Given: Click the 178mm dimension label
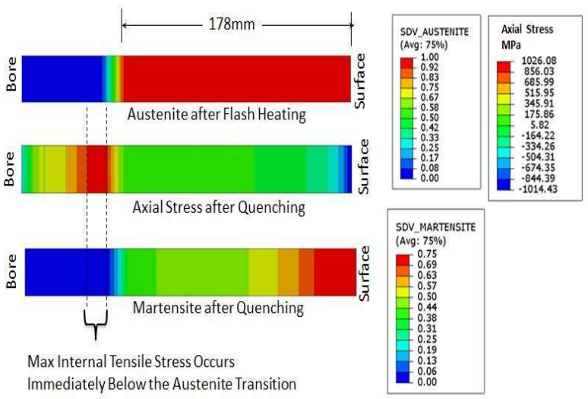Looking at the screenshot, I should coord(236,24).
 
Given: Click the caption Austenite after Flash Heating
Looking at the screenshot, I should coord(217,116).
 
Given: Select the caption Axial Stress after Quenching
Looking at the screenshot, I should coord(218,206).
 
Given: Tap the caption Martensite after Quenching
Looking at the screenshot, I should coord(218,309).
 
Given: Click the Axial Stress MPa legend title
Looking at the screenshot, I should coord(527,36).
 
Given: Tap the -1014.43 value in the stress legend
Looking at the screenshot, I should coord(539,188).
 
